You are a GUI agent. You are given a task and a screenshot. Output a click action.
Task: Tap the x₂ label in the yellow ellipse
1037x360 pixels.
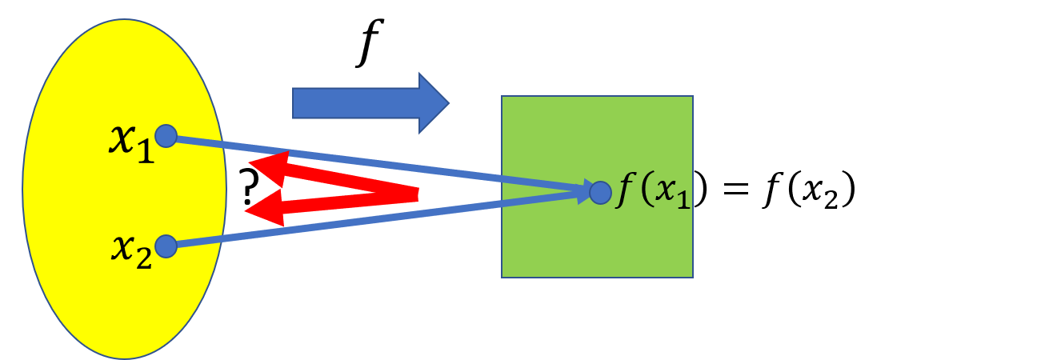pos(131,250)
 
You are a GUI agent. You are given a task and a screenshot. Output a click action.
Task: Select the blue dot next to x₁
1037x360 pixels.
pos(166,136)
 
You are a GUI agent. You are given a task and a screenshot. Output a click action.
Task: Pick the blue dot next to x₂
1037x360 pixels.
pos(166,246)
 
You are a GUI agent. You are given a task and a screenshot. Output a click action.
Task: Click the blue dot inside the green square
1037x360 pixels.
pos(600,192)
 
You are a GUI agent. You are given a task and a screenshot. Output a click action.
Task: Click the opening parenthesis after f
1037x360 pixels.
pos(646,194)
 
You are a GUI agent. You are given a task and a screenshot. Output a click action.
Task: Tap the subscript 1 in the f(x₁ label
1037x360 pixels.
pos(682,201)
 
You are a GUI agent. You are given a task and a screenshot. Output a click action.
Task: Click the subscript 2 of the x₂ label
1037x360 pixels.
pos(143,259)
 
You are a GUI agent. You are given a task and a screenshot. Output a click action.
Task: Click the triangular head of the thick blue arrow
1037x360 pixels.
pos(433,103)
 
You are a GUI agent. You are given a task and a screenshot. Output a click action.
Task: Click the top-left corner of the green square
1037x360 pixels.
pos(502,97)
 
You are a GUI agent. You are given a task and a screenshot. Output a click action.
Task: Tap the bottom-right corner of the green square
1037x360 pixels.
pos(692,277)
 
